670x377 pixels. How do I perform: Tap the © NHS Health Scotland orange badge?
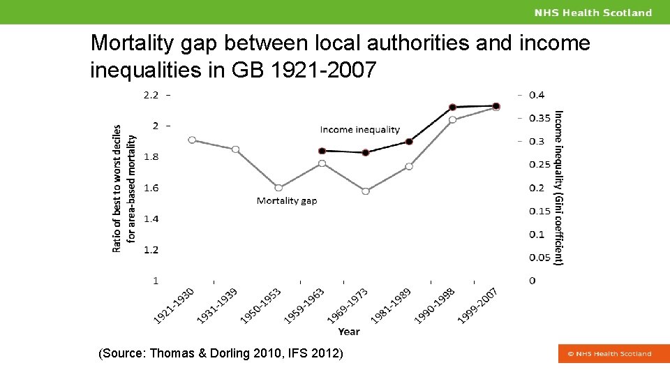click(609, 354)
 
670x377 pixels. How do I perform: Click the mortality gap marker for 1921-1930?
click(192, 140)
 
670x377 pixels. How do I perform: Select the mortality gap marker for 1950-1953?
click(278, 188)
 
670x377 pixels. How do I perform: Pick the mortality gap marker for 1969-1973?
click(366, 191)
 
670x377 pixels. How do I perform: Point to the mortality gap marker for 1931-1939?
click(236, 149)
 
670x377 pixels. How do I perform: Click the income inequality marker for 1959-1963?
click(322, 151)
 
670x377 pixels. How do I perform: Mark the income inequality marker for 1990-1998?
click(452, 108)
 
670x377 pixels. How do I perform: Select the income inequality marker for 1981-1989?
click(409, 142)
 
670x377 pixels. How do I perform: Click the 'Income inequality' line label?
click(359, 129)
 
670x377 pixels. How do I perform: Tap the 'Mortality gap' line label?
click(287, 201)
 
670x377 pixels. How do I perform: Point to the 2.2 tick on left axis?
click(151, 95)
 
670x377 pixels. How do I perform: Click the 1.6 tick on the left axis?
click(151, 188)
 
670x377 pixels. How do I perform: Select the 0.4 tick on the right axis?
click(537, 95)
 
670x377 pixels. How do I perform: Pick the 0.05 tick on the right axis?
click(539, 258)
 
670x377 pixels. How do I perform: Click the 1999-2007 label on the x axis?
click(478, 306)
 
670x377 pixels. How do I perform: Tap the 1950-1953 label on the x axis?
click(260, 306)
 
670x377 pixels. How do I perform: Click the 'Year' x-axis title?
click(349, 332)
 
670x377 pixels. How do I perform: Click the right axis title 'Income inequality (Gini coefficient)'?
click(558, 188)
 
